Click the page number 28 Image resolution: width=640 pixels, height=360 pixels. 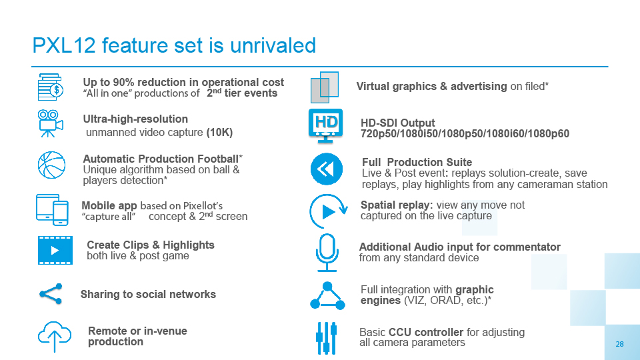point(619,344)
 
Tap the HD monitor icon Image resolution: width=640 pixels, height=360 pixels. point(325,126)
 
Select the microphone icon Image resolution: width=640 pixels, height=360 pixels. point(327,253)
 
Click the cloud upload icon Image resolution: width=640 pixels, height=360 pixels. point(55,336)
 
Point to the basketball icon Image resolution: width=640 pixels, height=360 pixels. point(51,165)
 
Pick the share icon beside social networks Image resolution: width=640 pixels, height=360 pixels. point(51,294)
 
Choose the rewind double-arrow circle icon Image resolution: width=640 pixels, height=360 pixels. point(327,169)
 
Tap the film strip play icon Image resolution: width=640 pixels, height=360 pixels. point(55,250)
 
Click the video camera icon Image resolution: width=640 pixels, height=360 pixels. point(51,123)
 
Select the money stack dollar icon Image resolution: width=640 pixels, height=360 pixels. point(50,87)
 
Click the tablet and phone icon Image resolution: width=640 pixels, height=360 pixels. point(52,210)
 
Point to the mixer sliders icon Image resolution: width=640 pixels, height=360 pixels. point(327,338)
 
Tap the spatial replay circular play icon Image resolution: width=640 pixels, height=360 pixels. point(328,211)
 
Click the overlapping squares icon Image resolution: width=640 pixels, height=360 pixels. point(325,87)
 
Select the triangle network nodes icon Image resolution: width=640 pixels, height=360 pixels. point(327,295)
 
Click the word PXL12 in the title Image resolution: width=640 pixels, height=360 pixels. point(64,45)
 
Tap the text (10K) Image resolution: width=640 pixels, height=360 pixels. point(219,133)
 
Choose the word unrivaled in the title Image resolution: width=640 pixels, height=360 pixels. point(273,45)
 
